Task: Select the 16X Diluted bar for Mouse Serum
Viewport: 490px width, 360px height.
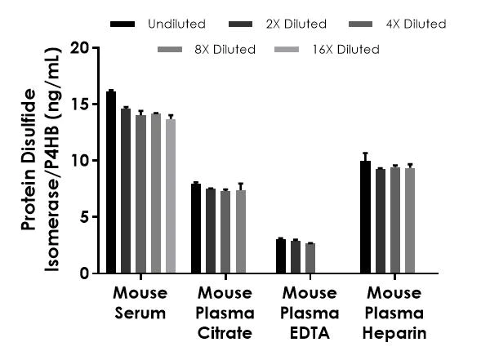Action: [171, 196]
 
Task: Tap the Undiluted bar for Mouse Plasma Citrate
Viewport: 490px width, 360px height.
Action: [196, 229]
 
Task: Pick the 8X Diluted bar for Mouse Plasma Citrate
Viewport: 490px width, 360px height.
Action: [241, 232]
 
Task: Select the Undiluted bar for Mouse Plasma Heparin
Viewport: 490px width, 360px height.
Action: [365, 217]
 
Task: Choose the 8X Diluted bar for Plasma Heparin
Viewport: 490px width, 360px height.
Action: [410, 220]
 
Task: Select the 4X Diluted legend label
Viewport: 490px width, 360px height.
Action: [417, 24]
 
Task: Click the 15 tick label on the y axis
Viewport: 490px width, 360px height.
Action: [79, 104]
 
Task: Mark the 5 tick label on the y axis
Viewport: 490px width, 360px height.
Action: [83, 217]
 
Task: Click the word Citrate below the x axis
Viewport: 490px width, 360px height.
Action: [224, 334]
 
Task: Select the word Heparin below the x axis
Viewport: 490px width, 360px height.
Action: [395, 334]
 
